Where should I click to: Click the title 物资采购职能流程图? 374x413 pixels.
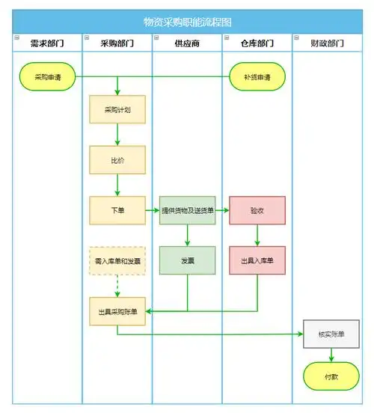click(x=187, y=22)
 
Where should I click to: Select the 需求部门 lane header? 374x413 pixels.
click(x=46, y=43)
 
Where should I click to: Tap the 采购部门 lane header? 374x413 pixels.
click(x=117, y=43)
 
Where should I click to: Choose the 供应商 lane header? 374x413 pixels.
click(x=187, y=43)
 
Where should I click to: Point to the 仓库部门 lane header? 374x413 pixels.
click(x=257, y=43)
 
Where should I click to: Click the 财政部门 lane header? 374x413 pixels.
click(x=327, y=43)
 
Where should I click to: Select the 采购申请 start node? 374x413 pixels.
click(x=47, y=76)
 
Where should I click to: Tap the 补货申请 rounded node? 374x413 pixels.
click(x=257, y=76)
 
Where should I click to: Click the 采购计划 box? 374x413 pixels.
click(x=117, y=110)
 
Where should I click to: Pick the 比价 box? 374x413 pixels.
click(x=117, y=160)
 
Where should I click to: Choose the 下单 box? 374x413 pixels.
click(x=117, y=210)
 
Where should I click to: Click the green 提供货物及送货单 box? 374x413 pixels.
click(x=187, y=210)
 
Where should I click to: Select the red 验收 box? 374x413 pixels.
click(x=257, y=210)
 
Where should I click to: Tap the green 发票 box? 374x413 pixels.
click(x=187, y=260)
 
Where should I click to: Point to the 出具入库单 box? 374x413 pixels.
click(x=257, y=260)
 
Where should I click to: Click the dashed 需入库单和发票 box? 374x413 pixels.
click(x=117, y=260)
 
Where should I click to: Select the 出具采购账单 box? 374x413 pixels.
click(x=117, y=310)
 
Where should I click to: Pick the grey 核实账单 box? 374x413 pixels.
click(x=327, y=334)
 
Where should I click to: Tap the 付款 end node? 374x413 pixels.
click(x=327, y=376)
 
